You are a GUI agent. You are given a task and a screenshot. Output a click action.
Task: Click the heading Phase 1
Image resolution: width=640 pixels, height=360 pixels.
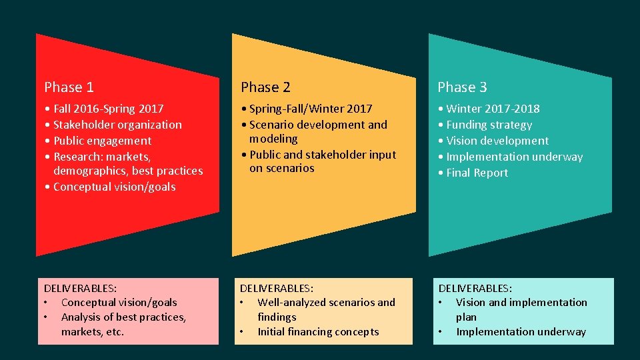[x=69, y=87]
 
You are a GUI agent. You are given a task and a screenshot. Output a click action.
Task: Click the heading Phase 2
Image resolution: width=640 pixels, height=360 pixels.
[x=265, y=87]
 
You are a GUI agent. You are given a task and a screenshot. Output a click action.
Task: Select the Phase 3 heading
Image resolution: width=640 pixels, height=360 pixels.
[x=462, y=87]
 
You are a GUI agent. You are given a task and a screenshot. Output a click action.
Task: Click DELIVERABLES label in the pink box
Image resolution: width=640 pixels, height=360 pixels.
[x=81, y=288]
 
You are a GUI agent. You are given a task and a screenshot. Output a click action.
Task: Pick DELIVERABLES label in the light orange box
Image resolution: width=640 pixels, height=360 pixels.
[x=276, y=288]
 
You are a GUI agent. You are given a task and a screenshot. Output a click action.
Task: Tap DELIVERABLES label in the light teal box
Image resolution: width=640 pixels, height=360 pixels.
[x=475, y=288]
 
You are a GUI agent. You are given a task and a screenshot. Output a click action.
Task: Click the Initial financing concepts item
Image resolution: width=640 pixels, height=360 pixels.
[x=318, y=331]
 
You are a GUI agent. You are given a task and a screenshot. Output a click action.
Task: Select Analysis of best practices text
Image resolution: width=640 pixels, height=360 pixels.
[x=123, y=317]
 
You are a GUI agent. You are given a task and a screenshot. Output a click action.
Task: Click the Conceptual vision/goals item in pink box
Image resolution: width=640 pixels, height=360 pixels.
[x=119, y=302]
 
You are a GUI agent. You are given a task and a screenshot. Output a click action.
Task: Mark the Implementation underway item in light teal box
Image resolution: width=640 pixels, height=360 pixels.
[x=521, y=331]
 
